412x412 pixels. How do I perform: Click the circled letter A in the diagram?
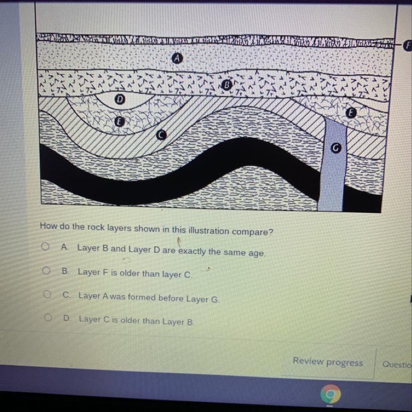click(177, 58)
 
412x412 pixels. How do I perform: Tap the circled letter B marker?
click(226, 85)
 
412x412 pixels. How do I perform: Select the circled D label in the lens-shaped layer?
click(120, 99)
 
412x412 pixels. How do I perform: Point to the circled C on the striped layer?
click(161, 135)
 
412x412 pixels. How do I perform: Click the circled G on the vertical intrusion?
click(335, 148)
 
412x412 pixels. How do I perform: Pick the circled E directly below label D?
click(119, 121)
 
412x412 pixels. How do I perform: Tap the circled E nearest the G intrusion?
click(351, 113)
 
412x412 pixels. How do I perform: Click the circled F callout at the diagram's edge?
click(408, 46)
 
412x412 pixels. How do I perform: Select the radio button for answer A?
click(45, 246)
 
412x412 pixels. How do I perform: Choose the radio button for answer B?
click(46, 270)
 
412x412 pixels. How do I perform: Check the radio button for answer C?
click(47, 294)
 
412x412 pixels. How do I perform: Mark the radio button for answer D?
click(48, 317)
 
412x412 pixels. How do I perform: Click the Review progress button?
click(327, 362)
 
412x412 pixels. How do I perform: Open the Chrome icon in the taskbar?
click(330, 394)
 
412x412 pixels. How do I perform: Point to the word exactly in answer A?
click(192, 251)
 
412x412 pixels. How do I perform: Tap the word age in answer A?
click(257, 254)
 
